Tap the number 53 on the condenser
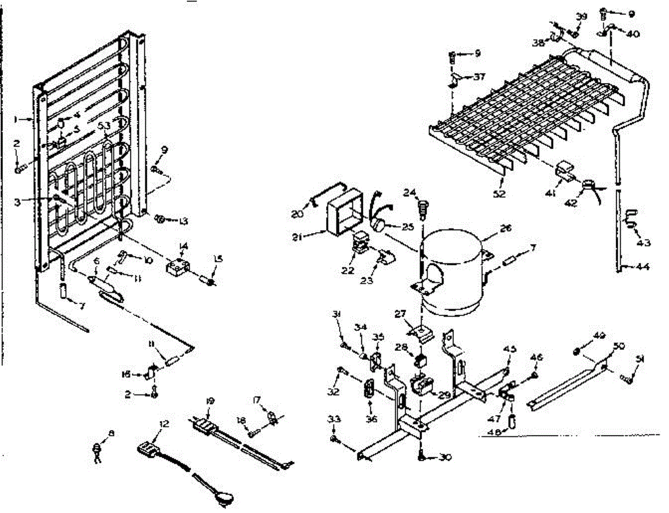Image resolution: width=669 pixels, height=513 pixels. coord(104,125)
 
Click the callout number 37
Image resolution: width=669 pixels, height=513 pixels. coord(479,77)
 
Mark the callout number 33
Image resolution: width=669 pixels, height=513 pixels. coord(332,419)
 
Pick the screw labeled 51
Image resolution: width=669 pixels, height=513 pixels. coord(626,379)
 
